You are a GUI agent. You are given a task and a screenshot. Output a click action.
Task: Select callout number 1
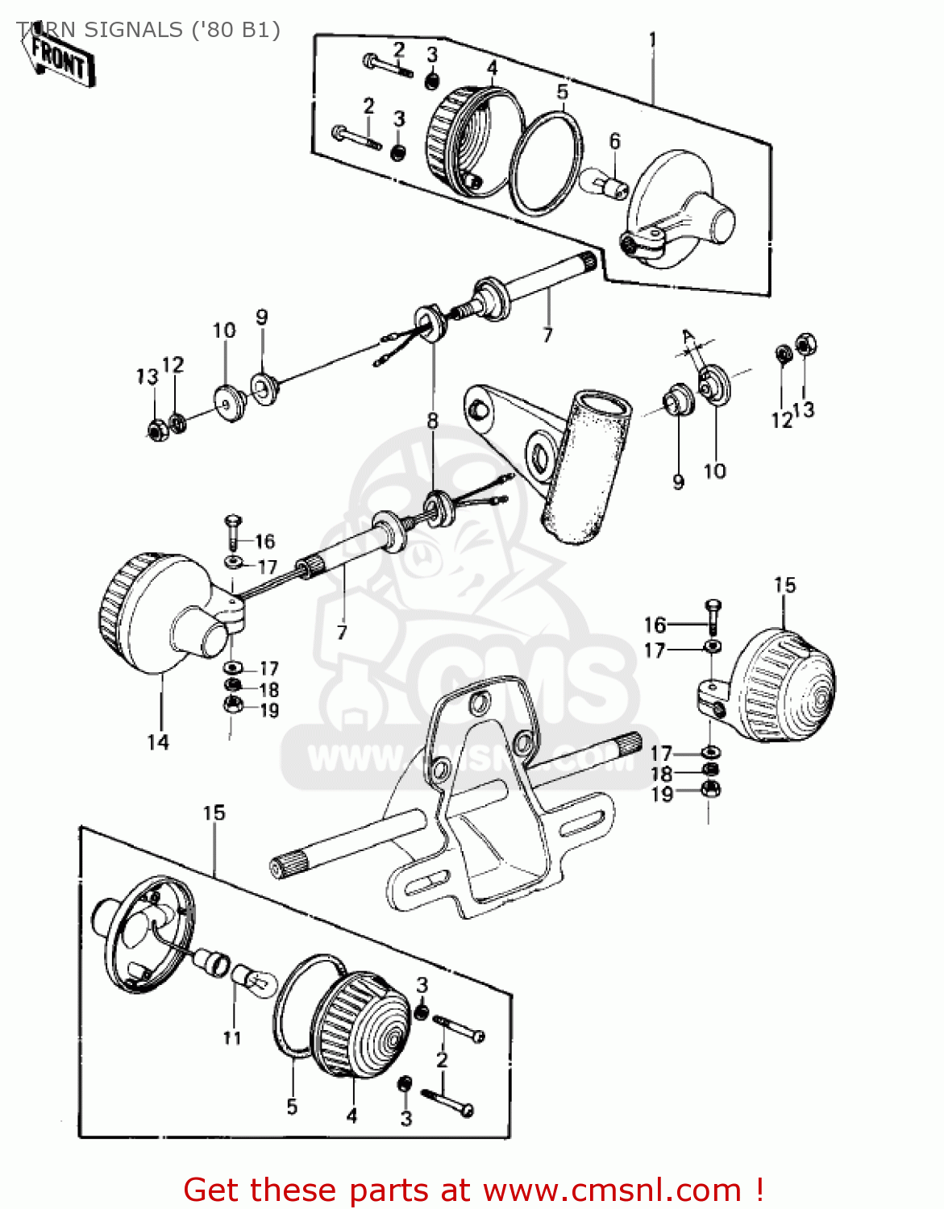click(652, 39)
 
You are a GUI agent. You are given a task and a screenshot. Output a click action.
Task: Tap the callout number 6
click(614, 142)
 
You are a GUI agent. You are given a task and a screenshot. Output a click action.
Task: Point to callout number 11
click(232, 1037)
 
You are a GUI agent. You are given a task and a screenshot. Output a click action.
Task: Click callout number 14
click(158, 742)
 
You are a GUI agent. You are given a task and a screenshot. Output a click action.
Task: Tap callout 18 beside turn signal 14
click(268, 690)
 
